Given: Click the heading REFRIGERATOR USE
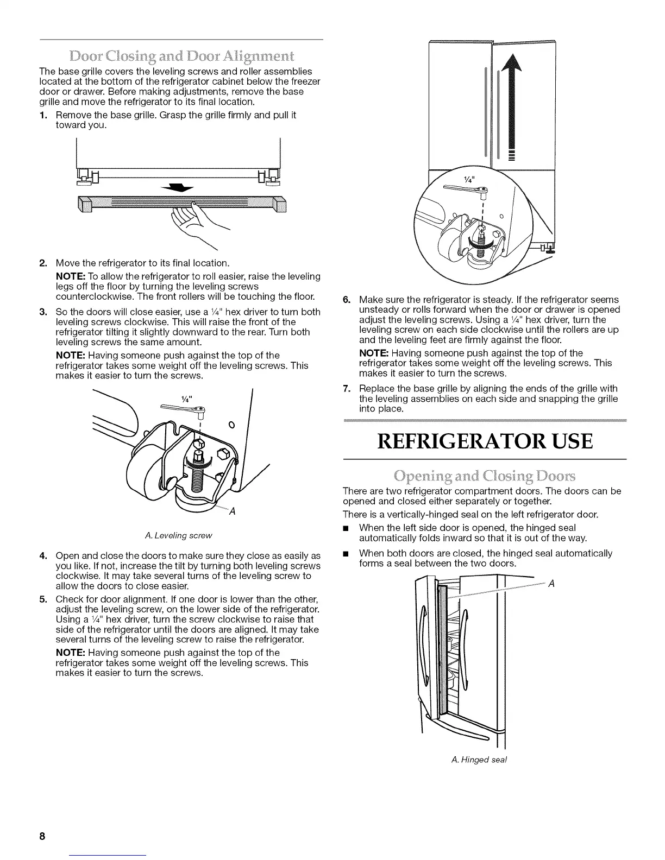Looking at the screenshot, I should pos(484,441).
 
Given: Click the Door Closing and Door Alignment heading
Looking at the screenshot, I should pos(182,56).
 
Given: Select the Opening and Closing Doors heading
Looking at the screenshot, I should pos(484,476).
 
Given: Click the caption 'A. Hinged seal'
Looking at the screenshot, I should pos(479,760).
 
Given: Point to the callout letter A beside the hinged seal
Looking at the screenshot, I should pos(551,584).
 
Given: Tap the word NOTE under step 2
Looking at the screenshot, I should pos(70,276).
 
